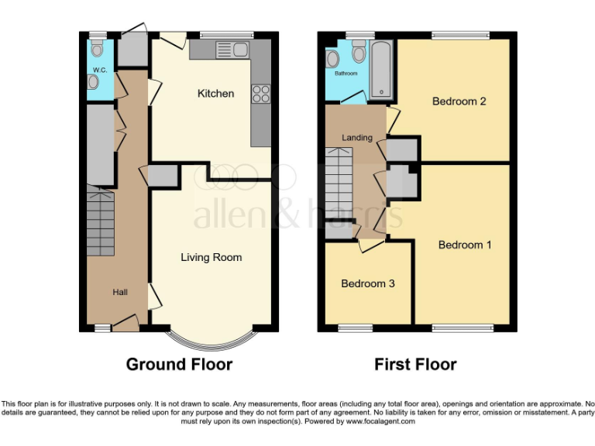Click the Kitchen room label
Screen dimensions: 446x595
tap(215, 94)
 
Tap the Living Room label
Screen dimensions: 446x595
tap(212, 257)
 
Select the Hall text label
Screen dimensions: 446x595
tap(120, 292)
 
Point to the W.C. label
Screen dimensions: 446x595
tap(99, 70)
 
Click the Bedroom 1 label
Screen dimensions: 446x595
tap(465, 245)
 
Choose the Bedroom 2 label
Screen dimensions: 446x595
tap(459, 101)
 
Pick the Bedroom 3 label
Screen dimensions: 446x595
tap(368, 283)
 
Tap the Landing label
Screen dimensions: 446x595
tap(357, 138)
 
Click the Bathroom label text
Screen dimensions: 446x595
tap(346, 74)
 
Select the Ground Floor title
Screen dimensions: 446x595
tap(179, 364)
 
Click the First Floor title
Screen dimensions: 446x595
tap(415, 364)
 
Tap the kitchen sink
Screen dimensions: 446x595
tap(232, 50)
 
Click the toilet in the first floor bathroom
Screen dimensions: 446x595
tap(359, 53)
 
